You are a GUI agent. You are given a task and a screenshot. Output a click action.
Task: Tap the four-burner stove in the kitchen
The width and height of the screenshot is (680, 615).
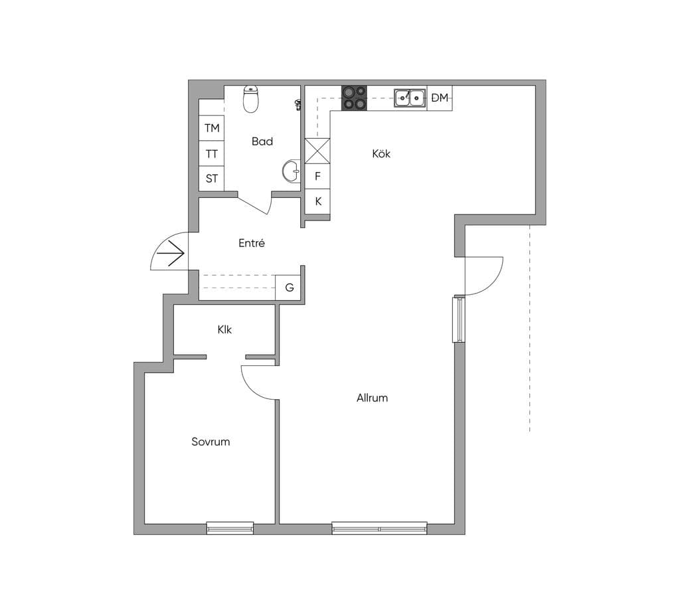click(355, 98)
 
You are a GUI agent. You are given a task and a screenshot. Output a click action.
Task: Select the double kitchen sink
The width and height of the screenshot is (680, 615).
click(409, 98)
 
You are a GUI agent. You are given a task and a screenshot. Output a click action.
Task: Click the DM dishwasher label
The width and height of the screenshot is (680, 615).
click(440, 98)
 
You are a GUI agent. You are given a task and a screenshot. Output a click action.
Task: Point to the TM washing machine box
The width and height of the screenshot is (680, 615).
click(212, 128)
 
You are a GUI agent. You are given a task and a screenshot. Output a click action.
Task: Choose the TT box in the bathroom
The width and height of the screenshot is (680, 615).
click(212, 153)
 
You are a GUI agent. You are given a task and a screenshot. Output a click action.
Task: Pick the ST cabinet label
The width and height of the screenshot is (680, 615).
click(212, 178)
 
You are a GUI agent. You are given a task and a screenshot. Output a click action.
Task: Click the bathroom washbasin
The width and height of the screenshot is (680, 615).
click(292, 171)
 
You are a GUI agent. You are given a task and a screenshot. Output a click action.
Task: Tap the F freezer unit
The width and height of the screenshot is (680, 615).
click(317, 176)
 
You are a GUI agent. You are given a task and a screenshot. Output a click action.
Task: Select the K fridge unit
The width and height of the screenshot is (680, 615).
click(317, 201)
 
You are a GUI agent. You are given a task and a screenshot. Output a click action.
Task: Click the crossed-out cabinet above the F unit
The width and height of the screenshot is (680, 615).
click(317, 151)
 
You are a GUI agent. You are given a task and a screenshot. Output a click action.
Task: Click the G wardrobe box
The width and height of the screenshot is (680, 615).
click(289, 287)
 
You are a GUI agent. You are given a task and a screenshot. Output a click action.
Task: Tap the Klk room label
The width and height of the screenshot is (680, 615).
click(224, 329)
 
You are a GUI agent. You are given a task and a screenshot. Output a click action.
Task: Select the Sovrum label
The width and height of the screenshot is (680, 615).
click(211, 442)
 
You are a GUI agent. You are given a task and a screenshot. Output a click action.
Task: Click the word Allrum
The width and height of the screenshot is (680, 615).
click(372, 398)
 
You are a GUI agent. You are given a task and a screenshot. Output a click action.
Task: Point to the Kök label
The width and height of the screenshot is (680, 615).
click(381, 153)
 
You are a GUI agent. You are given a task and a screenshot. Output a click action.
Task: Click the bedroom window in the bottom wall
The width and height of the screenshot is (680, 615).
click(230, 528)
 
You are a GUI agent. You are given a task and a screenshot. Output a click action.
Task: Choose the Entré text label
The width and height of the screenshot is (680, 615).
click(252, 243)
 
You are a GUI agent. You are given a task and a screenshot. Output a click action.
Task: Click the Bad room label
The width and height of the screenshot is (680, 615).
click(262, 141)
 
